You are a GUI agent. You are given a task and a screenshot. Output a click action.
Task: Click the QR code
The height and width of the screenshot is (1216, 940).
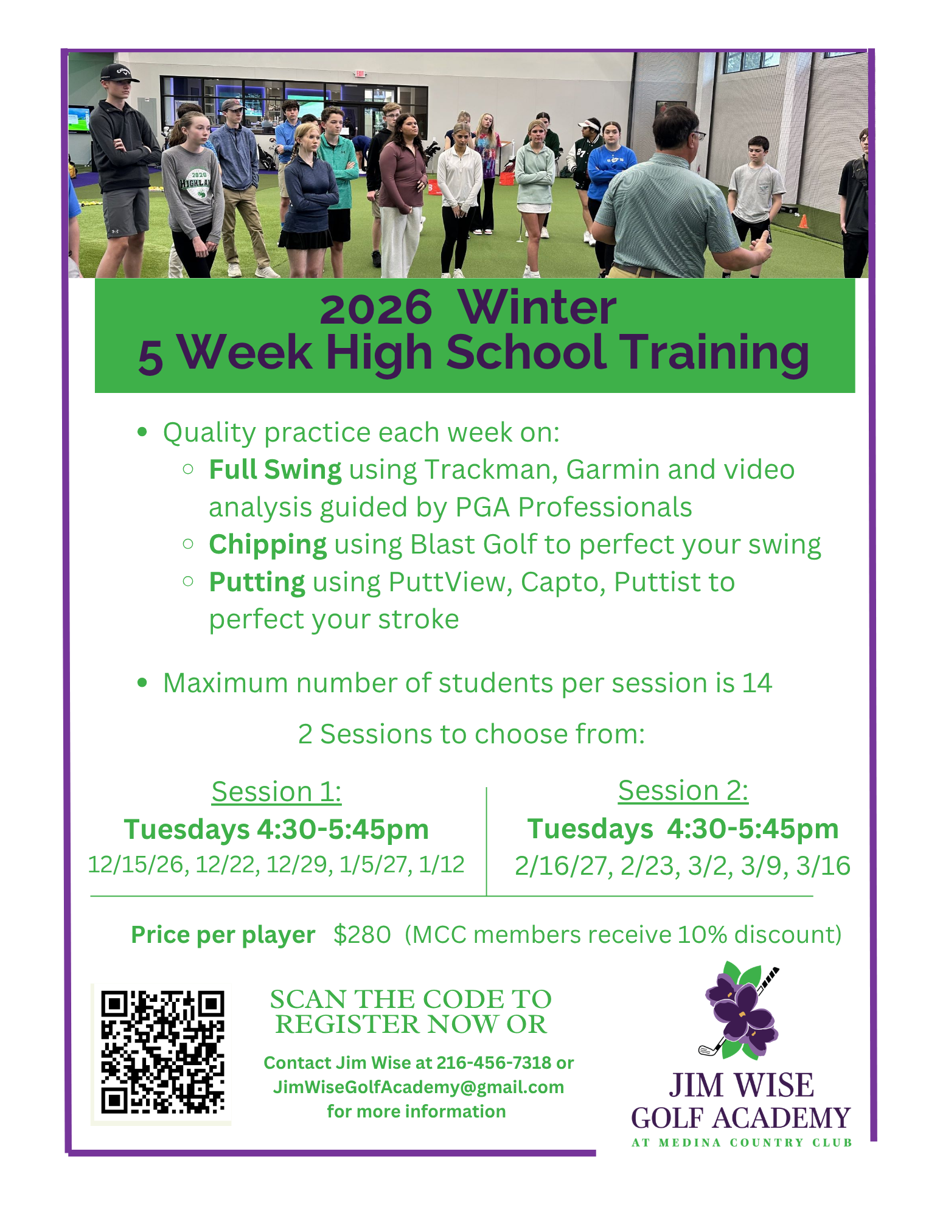[x=162, y=1052]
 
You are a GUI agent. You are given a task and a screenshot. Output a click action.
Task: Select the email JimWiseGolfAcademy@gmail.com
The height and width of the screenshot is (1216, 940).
[x=419, y=1086]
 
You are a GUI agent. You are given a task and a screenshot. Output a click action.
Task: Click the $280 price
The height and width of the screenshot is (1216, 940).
[x=362, y=934]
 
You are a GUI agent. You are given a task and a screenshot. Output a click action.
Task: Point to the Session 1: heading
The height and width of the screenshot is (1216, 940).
[x=276, y=791]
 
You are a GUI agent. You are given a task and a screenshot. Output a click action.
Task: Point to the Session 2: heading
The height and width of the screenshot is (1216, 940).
[x=683, y=790]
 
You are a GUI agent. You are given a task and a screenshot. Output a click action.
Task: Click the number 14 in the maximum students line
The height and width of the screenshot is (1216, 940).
[x=757, y=683]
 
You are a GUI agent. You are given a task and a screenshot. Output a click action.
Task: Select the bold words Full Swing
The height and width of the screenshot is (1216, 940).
[x=275, y=470]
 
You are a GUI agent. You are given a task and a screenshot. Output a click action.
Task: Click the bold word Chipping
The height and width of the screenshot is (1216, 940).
[x=268, y=545]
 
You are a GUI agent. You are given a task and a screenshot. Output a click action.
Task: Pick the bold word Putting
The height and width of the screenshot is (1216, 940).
[x=257, y=582]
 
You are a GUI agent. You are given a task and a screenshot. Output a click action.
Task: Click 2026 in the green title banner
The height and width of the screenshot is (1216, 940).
[x=375, y=308]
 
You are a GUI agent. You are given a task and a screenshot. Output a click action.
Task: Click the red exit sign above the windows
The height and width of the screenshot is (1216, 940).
[x=361, y=74]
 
